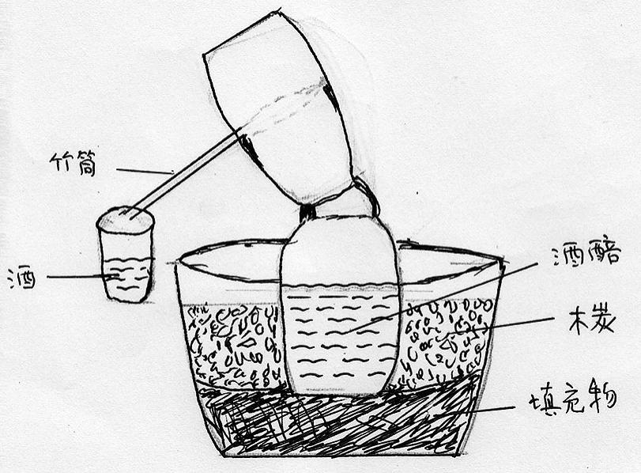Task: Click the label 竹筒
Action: pos(73,165)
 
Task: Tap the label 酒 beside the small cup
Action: pos(22,278)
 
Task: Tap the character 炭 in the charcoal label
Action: pos(603,321)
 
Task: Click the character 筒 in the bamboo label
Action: pos(86,165)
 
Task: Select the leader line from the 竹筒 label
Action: pos(146,171)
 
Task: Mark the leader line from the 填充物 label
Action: pos(492,409)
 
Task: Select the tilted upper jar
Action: pos(278,106)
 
